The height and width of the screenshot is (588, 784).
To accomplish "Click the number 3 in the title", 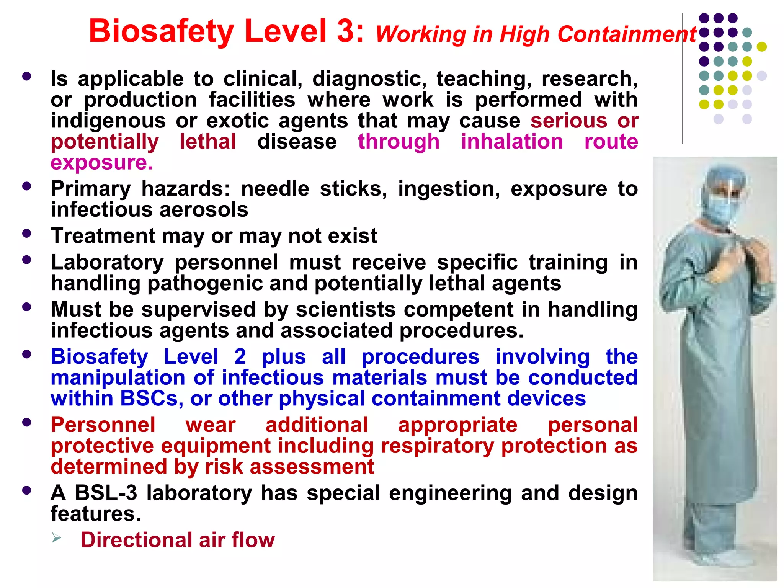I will pos(346,31).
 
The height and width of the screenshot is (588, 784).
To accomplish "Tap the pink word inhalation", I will pos(511,142).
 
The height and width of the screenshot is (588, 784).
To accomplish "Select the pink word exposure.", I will pos(101,163).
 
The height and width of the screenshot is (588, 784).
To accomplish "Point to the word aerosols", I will pos(204,210).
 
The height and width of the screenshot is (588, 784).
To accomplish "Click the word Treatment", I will pos(103,236).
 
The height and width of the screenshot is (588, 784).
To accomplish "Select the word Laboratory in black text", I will pos(107,263).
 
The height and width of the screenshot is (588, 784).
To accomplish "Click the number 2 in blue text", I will pos(240,357).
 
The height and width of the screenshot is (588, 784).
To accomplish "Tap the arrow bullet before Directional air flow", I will pos(57,539).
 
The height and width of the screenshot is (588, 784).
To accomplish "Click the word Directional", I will pos(136,540).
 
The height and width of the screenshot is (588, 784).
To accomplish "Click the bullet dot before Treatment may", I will pos(26,234).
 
